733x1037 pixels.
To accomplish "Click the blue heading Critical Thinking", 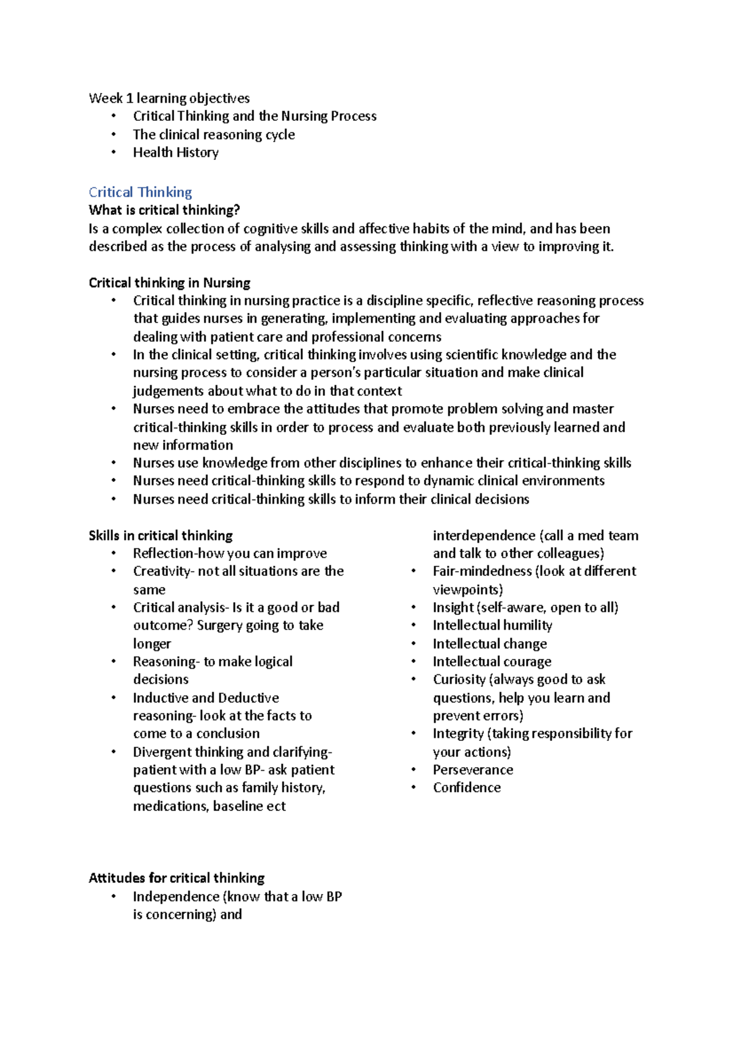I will pyautogui.click(x=140, y=192).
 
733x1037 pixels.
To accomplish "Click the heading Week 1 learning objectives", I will pyautogui.click(x=169, y=98).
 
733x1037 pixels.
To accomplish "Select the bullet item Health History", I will pyautogui.click(x=175, y=153).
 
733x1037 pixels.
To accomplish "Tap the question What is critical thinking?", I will pyautogui.click(x=164, y=211).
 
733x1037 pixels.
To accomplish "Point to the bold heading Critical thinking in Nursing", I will pyautogui.click(x=169, y=283).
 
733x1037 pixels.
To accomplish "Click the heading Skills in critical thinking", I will pyautogui.click(x=161, y=536).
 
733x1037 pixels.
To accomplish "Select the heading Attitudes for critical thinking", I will pyautogui.click(x=177, y=878).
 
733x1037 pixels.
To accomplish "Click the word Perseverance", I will pyautogui.click(x=473, y=770).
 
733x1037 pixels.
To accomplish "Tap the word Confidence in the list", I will pyautogui.click(x=467, y=788).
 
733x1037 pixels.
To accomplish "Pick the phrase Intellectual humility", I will pyautogui.click(x=492, y=625).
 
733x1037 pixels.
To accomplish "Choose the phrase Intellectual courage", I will pyautogui.click(x=492, y=661).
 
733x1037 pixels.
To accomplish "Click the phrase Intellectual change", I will pyautogui.click(x=490, y=644).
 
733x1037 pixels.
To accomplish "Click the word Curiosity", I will pyautogui.click(x=459, y=680).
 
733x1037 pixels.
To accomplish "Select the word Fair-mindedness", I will pyautogui.click(x=482, y=571).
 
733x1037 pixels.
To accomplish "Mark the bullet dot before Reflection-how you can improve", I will pyautogui.click(x=114, y=553).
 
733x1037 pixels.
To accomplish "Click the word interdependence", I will pyautogui.click(x=484, y=536).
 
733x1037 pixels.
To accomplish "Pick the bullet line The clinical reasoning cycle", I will pyautogui.click(x=214, y=134).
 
